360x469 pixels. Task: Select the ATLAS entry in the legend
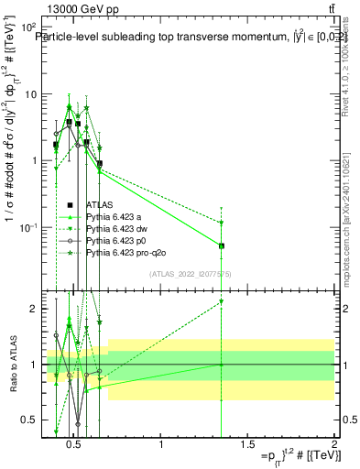point(98,204)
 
